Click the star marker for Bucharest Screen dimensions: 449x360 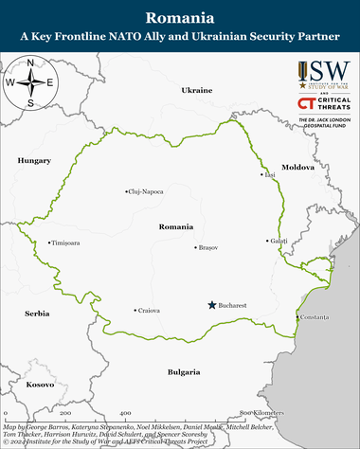pos(211,305)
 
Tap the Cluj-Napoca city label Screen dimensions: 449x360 pos(146,191)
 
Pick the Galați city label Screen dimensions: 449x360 pos(279,241)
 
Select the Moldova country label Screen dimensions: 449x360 pos(297,140)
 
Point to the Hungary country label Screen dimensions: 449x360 pos(34,161)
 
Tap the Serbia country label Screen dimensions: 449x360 pos(37,313)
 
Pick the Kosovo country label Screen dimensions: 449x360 pos(40,385)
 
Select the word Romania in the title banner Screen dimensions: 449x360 pos(180,18)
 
